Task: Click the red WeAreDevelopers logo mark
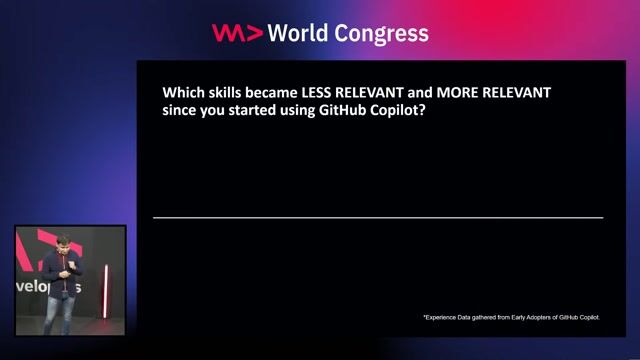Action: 238,33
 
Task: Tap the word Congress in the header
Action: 386,34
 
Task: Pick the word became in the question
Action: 281,92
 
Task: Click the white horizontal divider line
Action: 378,217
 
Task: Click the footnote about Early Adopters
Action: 511,317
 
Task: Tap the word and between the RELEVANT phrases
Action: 420,92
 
